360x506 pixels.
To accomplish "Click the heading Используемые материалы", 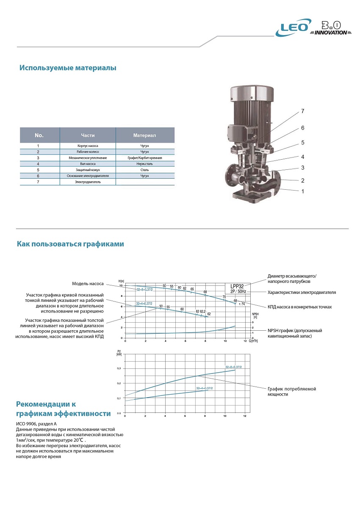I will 68,68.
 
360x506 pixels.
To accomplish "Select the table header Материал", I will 144,135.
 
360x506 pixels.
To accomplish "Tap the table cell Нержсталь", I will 144,163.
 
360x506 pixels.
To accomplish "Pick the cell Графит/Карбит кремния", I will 144,158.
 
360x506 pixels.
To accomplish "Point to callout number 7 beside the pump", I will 303,111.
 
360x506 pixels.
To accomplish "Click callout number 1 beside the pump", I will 303,191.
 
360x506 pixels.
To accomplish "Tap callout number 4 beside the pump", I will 303,157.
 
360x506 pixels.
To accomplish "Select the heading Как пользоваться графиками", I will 70,244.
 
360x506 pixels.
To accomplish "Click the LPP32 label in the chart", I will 237,286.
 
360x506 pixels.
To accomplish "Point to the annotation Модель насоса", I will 88,284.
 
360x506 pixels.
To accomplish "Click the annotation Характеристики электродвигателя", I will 302,293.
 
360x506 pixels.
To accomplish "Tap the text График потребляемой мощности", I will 292,391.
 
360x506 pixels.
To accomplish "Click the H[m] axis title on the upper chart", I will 122,281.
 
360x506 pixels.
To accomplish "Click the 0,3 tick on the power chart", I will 119,368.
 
